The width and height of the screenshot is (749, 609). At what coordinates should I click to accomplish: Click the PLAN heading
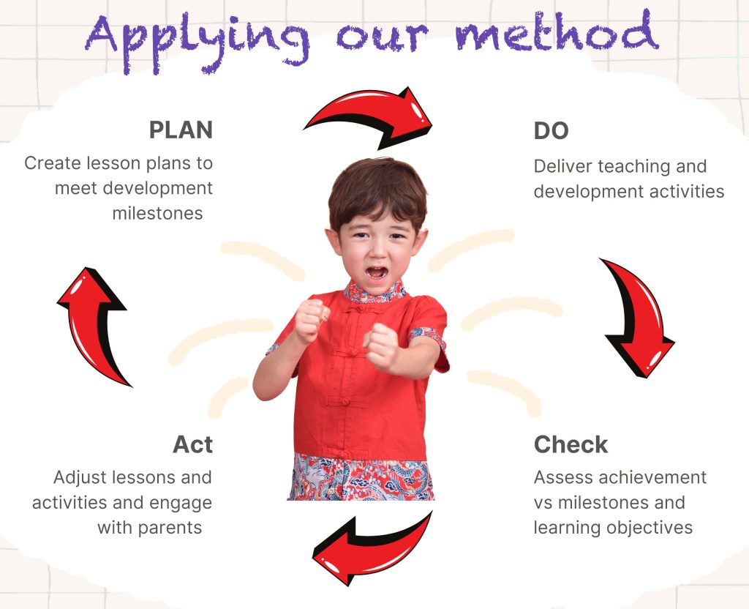pyautogui.click(x=181, y=130)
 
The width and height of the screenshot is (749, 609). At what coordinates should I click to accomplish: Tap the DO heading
pyautogui.click(x=551, y=130)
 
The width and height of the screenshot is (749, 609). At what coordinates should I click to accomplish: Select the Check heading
pyautogui.click(x=571, y=444)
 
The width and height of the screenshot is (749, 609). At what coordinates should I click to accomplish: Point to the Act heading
pyautogui.click(x=192, y=444)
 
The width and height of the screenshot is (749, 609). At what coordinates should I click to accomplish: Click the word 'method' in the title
pyautogui.click(x=557, y=34)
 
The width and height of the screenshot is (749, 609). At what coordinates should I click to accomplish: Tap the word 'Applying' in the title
pyautogui.click(x=197, y=41)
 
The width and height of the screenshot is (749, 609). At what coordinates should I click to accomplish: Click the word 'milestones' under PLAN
pyautogui.click(x=158, y=213)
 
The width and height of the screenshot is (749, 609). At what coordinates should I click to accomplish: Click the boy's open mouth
pyautogui.click(x=377, y=272)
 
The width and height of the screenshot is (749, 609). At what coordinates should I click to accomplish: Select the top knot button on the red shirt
pyautogui.click(x=353, y=310)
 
